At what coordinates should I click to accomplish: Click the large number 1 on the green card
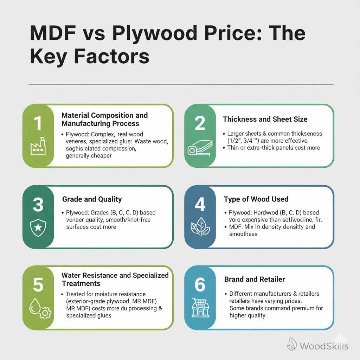pos(38,123)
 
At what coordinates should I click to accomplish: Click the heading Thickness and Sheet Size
pos(265,119)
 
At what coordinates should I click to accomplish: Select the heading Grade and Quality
pos(92,199)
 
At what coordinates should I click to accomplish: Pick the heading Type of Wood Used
pos(256,199)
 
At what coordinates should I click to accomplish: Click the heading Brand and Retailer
pos(255,279)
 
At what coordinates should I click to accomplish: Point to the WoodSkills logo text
pos(324,346)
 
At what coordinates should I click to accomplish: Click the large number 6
pos(200,285)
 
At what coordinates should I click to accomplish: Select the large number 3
pos(38,205)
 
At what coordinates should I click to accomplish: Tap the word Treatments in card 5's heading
pos(81,283)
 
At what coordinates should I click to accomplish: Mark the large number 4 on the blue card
pos(200,205)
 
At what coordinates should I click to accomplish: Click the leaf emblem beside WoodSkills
pos(292,344)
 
